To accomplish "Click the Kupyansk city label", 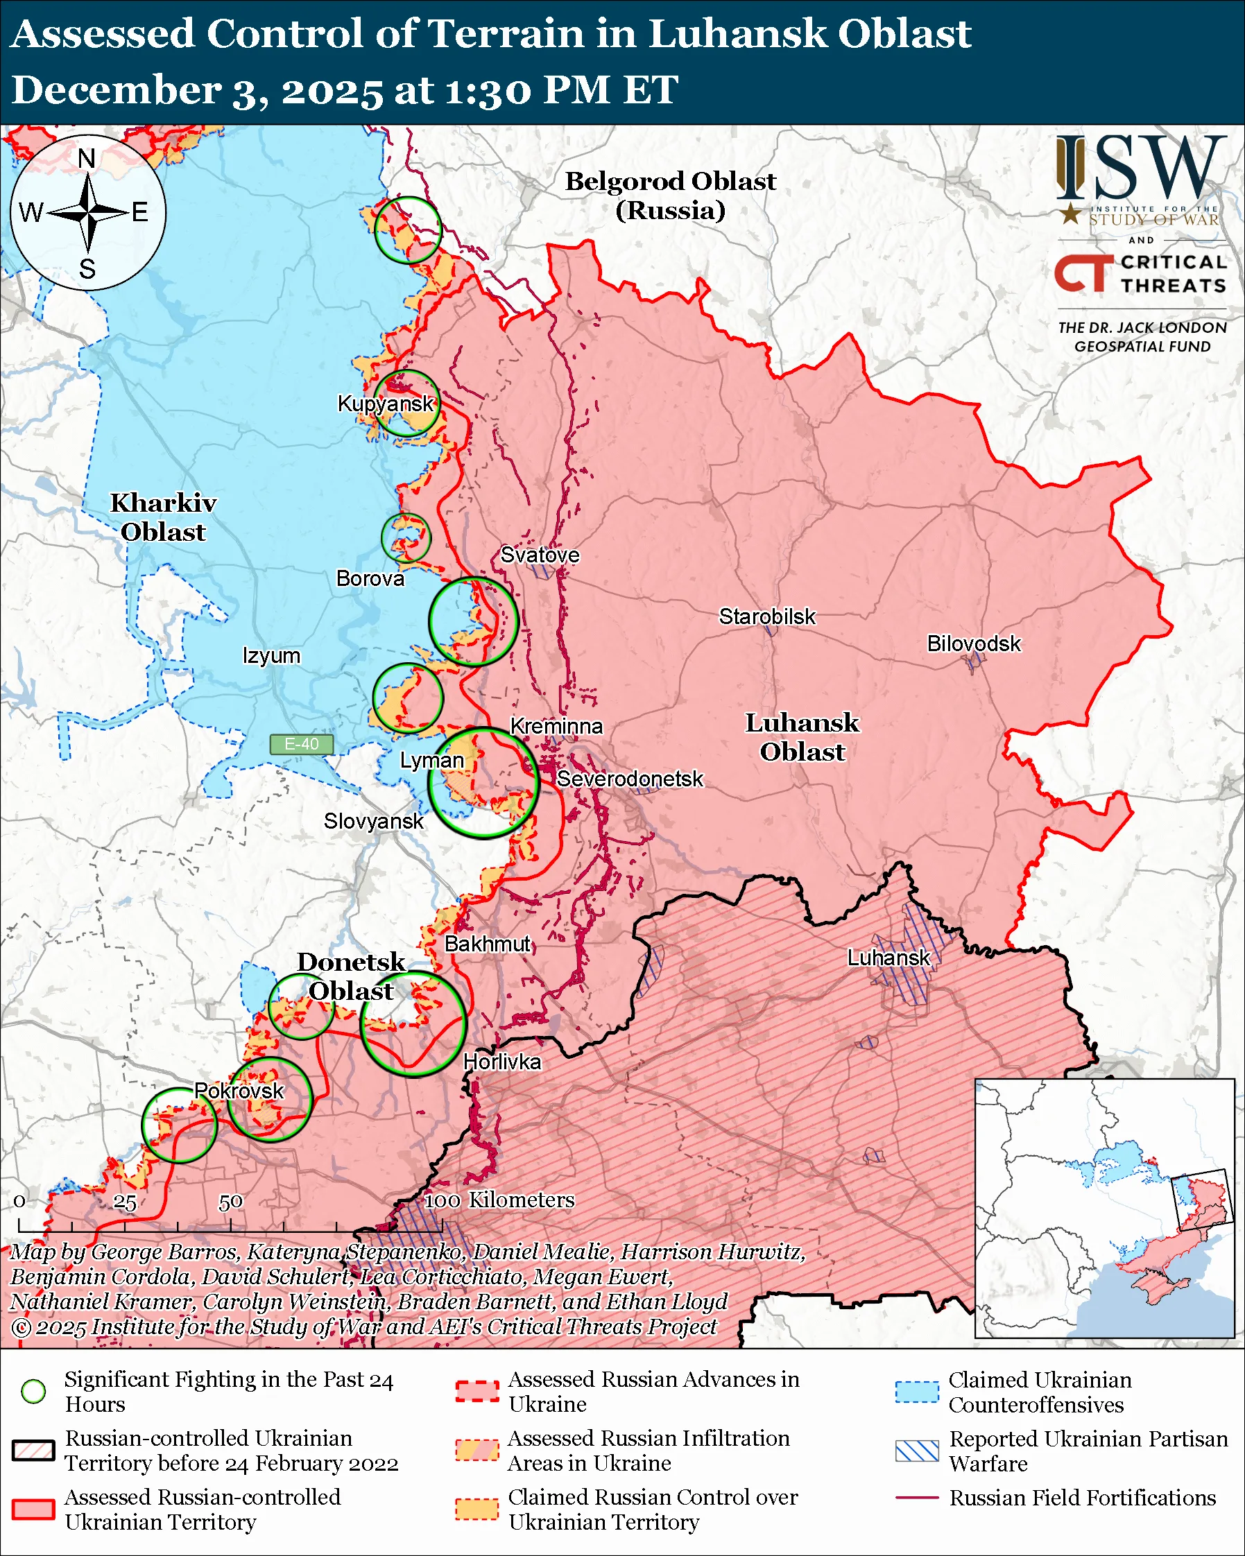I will (x=386, y=404).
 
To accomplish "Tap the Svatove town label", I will (x=540, y=555).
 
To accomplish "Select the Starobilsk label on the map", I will (x=766, y=616).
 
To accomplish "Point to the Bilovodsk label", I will (x=974, y=643).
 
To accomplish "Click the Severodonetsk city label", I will (x=629, y=779).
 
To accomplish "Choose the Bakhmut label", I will (x=487, y=944).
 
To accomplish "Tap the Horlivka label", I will (x=501, y=1062).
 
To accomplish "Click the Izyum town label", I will (x=271, y=655).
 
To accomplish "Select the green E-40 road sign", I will (x=301, y=744).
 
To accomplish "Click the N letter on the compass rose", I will (x=87, y=158).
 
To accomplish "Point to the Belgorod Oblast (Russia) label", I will (x=670, y=196).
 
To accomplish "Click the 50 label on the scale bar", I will (x=230, y=1202).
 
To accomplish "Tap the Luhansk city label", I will (x=888, y=958).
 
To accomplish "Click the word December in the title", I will (x=115, y=91).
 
